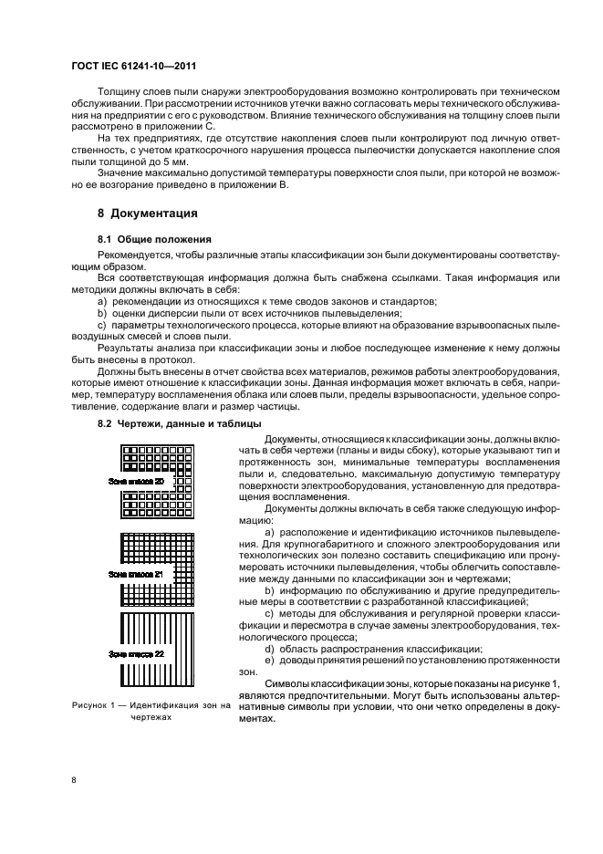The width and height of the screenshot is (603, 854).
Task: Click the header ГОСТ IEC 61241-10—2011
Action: pos(134,67)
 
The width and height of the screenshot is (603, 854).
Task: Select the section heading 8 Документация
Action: pos(149,215)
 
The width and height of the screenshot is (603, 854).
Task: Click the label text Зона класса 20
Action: pos(136,481)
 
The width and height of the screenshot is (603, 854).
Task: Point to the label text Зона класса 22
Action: pos(136,654)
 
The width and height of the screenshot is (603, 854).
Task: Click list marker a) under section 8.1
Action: pos(101,301)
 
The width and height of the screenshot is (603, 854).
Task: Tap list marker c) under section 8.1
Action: pos(101,325)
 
